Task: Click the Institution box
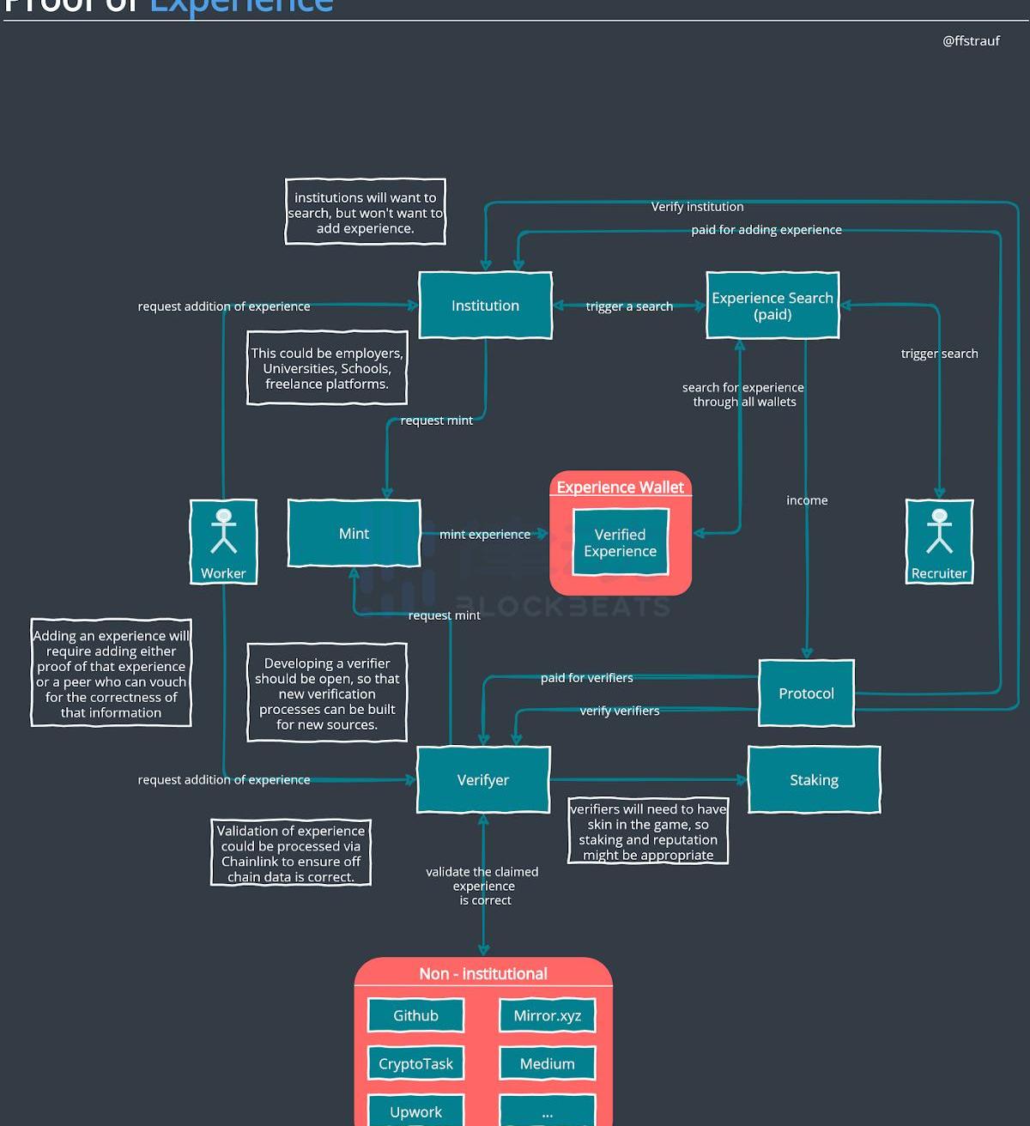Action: pyautogui.click(x=485, y=306)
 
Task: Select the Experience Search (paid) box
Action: pyautogui.click(x=772, y=306)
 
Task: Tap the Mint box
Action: pyautogui.click(x=354, y=534)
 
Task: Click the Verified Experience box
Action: pyautogui.click(x=620, y=542)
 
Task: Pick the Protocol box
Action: pyautogui.click(x=806, y=693)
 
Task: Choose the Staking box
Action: pyautogui.click(x=814, y=780)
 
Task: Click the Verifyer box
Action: pyautogui.click(x=483, y=780)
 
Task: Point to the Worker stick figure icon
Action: pyautogui.click(x=224, y=532)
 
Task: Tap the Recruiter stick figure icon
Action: pyautogui.click(x=940, y=532)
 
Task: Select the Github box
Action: pyautogui.click(x=415, y=1015)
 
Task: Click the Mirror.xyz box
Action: pyautogui.click(x=547, y=1015)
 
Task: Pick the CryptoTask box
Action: pyautogui.click(x=415, y=1063)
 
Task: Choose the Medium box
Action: pyautogui.click(x=547, y=1063)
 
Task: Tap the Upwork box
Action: pyautogui.click(x=415, y=1111)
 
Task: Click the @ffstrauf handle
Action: pyautogui.click(x=971, y=40)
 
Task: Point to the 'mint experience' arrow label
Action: pyautogui.click(x=485, y=534)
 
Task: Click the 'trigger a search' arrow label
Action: pyautogui.click(x=629, y=306)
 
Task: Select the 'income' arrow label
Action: pyautogui.click(x=807, y=500)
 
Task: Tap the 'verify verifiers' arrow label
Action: pyautogui.click(x=620, y=711)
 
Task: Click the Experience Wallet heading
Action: pyautogui.click(x=620, y=487)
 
